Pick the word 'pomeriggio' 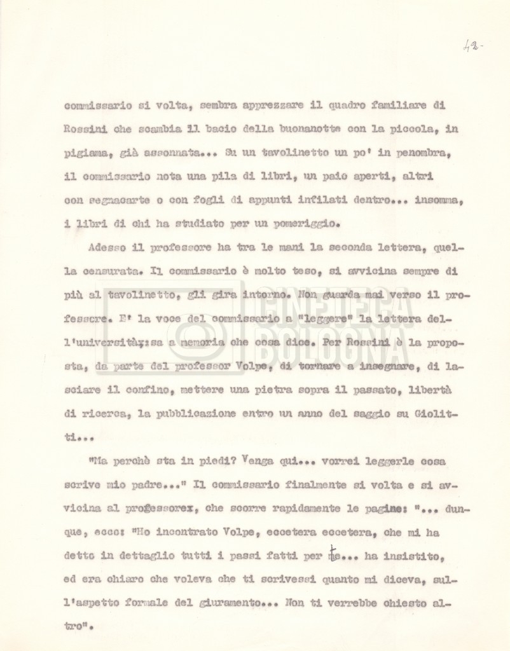tap(306, 223)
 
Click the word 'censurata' tap(111, 271)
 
